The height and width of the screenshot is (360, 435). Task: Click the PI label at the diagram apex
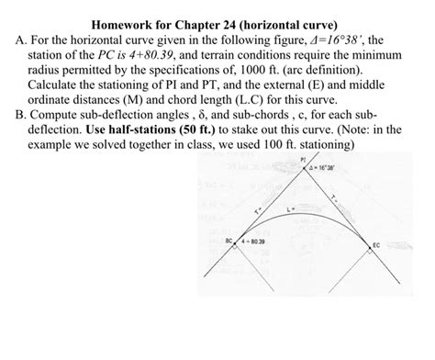click(303, 158)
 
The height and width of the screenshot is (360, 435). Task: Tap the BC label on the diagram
click(227, 242)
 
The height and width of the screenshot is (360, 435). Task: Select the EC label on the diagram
click(376, 245)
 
